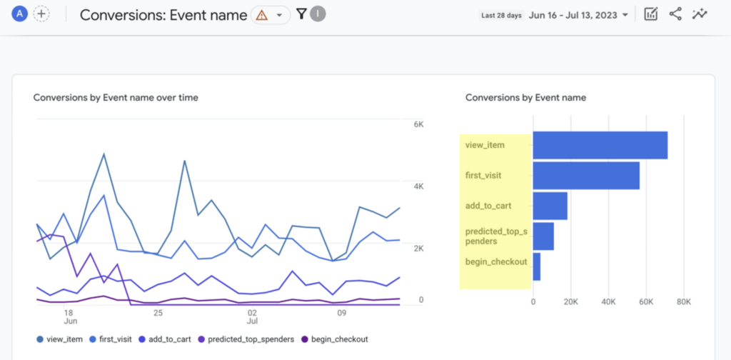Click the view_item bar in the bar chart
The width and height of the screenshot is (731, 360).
click(600, 145)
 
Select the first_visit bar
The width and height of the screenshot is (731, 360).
click(585, 175)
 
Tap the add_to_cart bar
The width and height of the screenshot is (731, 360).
click(550, 206)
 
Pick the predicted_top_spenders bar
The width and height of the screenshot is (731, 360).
click(543, 236)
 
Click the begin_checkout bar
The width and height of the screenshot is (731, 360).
click(536, 266)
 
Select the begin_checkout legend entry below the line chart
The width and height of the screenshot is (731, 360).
click(334, 339)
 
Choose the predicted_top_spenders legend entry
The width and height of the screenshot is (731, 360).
click(245, 339)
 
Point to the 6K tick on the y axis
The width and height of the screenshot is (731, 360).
click(419, 124)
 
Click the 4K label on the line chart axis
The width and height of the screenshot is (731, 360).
click(419, 186)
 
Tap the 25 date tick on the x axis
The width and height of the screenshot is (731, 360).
click(158, 313)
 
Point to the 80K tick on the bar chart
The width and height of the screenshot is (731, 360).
click(683, 302)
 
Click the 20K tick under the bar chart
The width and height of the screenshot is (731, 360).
click(570, 302)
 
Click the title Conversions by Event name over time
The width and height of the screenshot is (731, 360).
click(116, 97)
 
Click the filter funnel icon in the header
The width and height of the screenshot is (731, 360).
click(301, 14)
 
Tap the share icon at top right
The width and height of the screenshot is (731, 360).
click(675, 14)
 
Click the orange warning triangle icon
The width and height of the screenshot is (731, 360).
click(262, 15)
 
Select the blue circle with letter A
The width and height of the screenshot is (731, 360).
click(20, 14)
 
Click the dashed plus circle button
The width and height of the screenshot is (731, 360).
click(41, 14)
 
